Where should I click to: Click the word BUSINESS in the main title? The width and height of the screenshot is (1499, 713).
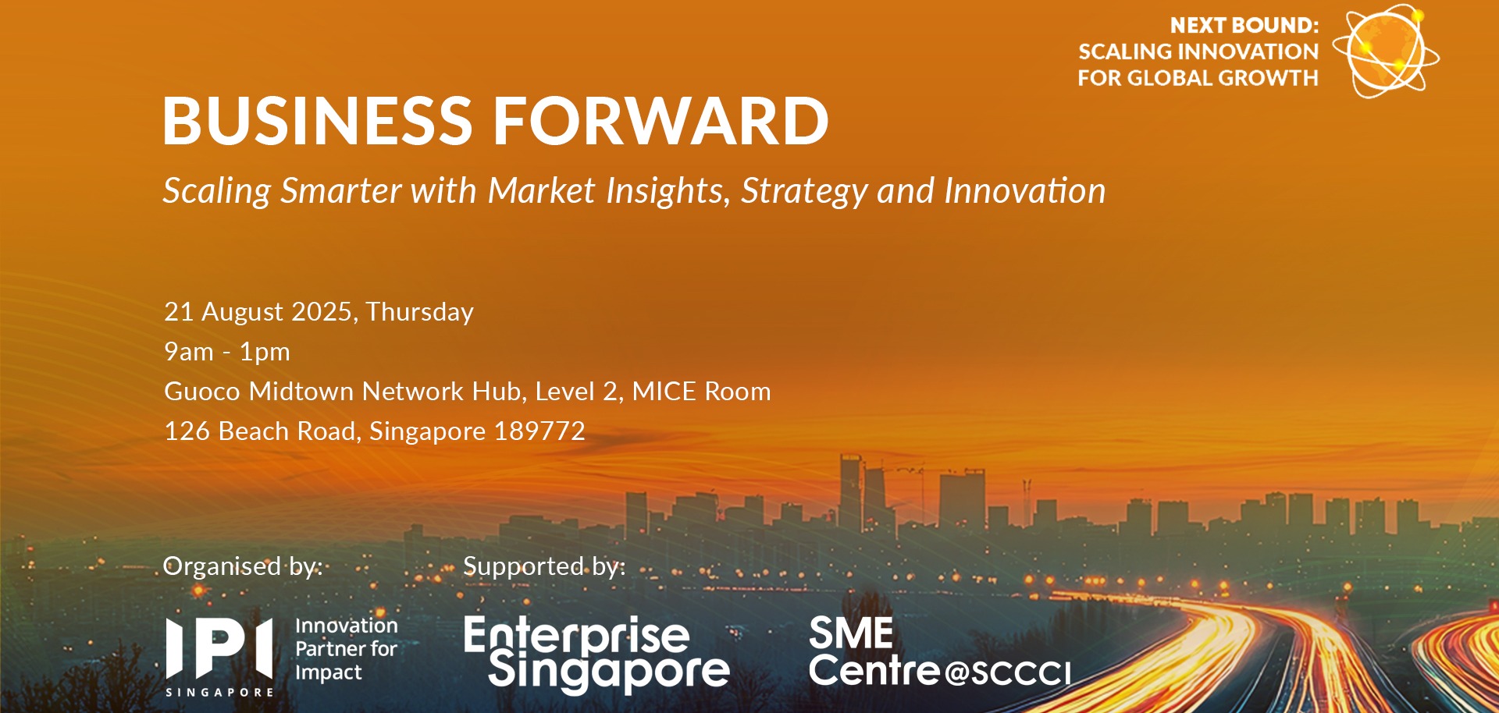(x=318, y=121)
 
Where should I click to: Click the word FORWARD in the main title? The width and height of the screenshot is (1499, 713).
(x=660, y=121)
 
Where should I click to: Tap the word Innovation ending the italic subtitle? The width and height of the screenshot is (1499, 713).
(x=1024, y=190)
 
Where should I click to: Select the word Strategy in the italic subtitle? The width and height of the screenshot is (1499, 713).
(x=804, y=192)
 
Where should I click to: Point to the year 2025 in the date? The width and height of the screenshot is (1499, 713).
(x=322, y=312)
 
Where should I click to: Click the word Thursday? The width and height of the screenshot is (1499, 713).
(x=419, y=312)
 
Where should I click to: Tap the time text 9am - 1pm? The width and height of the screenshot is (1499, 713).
(x=227, y=352)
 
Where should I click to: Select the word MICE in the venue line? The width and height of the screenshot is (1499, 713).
(x=663, y=391)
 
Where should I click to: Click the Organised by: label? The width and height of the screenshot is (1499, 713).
(x=243, y=566)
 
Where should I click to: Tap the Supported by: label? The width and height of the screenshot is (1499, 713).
(x=544, y=566)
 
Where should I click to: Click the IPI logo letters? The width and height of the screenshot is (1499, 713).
(x=219, y=647)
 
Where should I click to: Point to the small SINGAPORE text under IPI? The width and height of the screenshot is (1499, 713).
(x=219, y=692)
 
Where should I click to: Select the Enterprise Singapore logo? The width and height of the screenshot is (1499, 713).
(x=597, y=654)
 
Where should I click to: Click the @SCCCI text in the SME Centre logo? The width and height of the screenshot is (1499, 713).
(x=1007, y=672)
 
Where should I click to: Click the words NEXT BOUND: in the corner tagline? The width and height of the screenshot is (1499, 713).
(x=1244, y=26)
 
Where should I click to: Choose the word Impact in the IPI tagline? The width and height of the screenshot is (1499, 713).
(x=329, y=672)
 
